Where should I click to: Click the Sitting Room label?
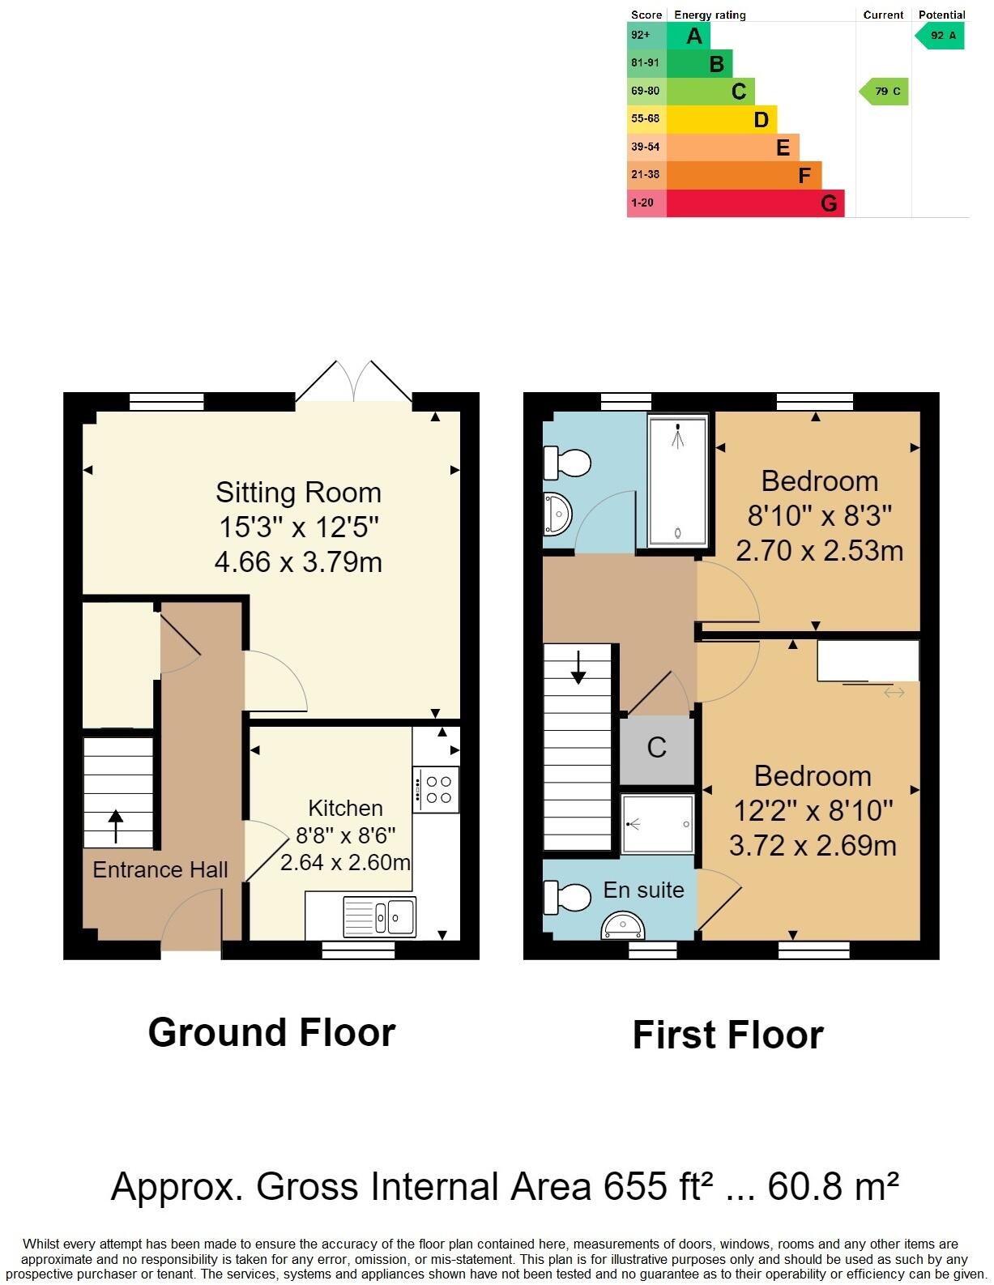tap(298, 493)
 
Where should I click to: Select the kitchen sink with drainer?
tap(380, 916)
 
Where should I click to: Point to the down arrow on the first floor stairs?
tap(578, 667)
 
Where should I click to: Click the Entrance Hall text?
tap(160, 870)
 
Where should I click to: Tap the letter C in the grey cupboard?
tap(657, 747)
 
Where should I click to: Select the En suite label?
tap(643, 890)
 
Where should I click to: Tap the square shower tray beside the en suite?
tap(658, 823)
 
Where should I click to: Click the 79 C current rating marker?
tap(885, 92)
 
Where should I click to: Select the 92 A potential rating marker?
tap(941, 36)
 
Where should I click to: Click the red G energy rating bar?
tap(754, 203)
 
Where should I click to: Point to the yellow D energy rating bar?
tap(721, 120)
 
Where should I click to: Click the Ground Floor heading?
tap(271, 1033)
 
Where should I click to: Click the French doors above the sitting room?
tap(353, 382)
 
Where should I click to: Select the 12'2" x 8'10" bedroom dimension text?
tap(813, 811)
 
